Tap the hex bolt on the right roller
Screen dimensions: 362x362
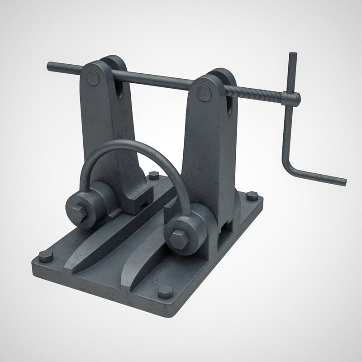click(178, 238)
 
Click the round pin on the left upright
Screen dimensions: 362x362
click(93, 78)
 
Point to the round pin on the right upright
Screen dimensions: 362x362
click(204, 94)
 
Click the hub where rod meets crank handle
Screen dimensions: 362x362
click(291, 98)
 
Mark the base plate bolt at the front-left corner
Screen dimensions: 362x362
click(46, 257)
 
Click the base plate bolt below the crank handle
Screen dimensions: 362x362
click(252, 196)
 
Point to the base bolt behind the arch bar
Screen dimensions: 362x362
click(153, 175)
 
